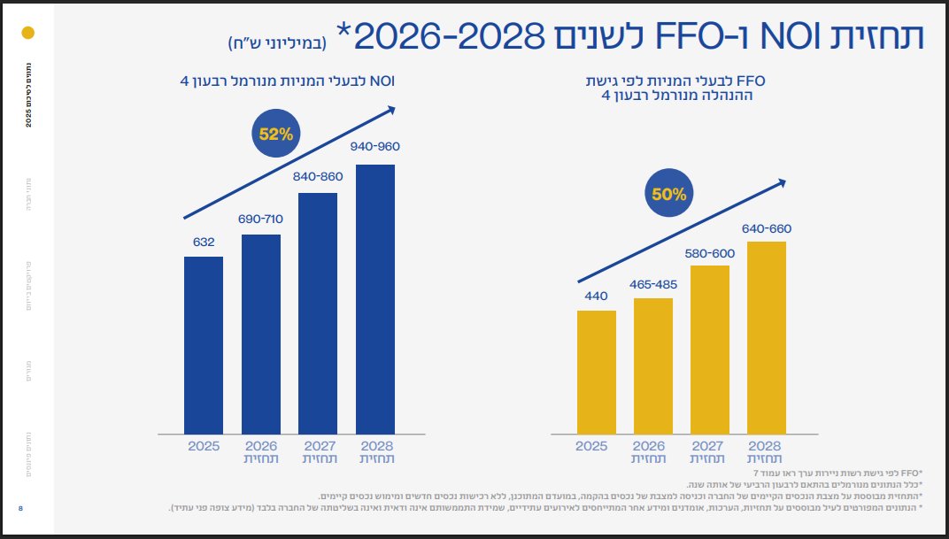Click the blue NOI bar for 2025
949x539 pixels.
tap(204, 345)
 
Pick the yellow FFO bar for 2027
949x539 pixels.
tap(710, 349)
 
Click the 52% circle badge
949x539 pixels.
tap(276, 135)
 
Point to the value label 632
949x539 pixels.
tap(204, 242)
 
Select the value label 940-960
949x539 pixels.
tap(375, 148)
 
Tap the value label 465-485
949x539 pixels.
tap(653, 284)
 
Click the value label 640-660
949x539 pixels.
tap(767, 228)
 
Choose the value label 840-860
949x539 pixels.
tap(318, 176)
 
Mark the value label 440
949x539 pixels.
tap(596, 296)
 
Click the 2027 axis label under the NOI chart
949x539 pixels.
tap(318, 446)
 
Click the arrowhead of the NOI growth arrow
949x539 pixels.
tap(390, 110)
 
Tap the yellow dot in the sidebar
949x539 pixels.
tap(27, 34)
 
